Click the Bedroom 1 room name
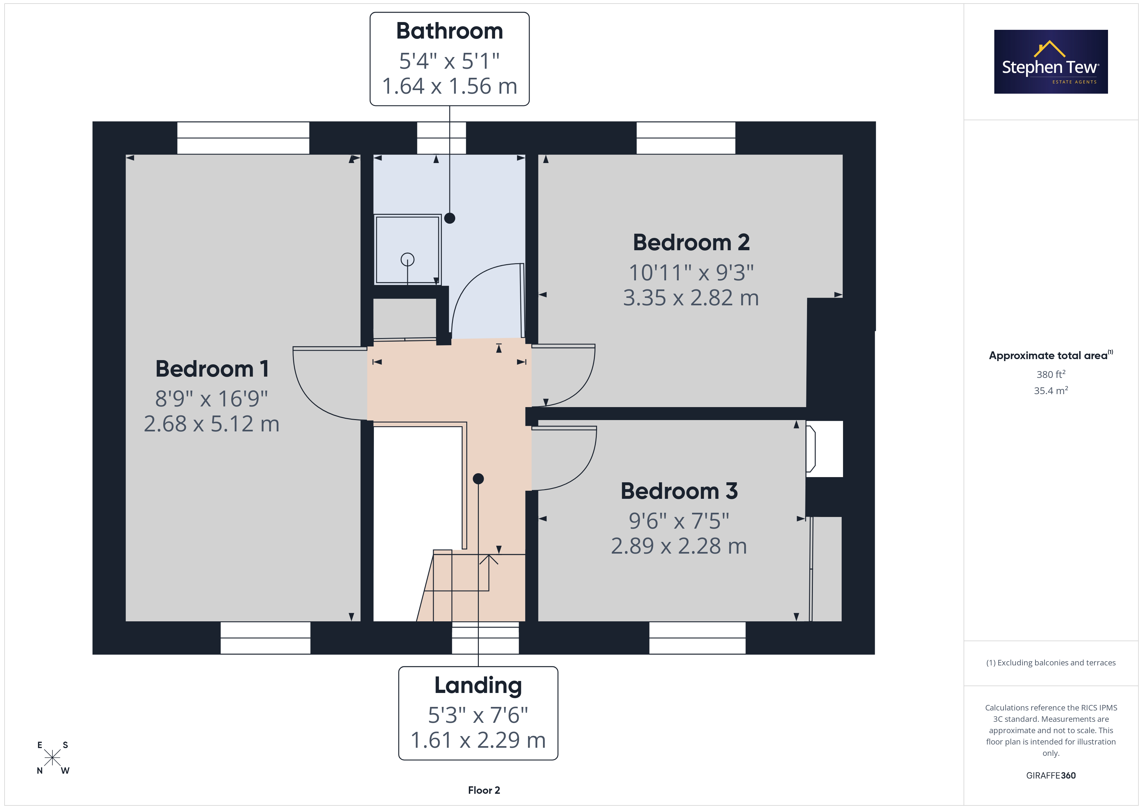click(212, 369)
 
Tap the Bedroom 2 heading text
click(691, 242)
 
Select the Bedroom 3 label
click(679, 491)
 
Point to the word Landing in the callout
click(478, 686)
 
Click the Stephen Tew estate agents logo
click(1051, 62)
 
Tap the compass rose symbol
click(52, 758)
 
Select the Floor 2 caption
click(484, 791)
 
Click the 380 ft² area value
click(1051, 374)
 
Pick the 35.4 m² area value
click(1051, 391)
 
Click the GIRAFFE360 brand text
click(1051, 776)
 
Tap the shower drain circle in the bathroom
click(407, 260)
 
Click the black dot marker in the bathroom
click(450, 218)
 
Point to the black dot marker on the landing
click(479, 479)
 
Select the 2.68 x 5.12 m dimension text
click(212, 424)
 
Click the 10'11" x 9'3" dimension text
click(691, 273)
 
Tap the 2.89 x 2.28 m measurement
click(679, 546)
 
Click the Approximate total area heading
click(1051, 355)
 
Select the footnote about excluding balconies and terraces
click(1051, 662)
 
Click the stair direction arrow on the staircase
click(488, 573)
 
